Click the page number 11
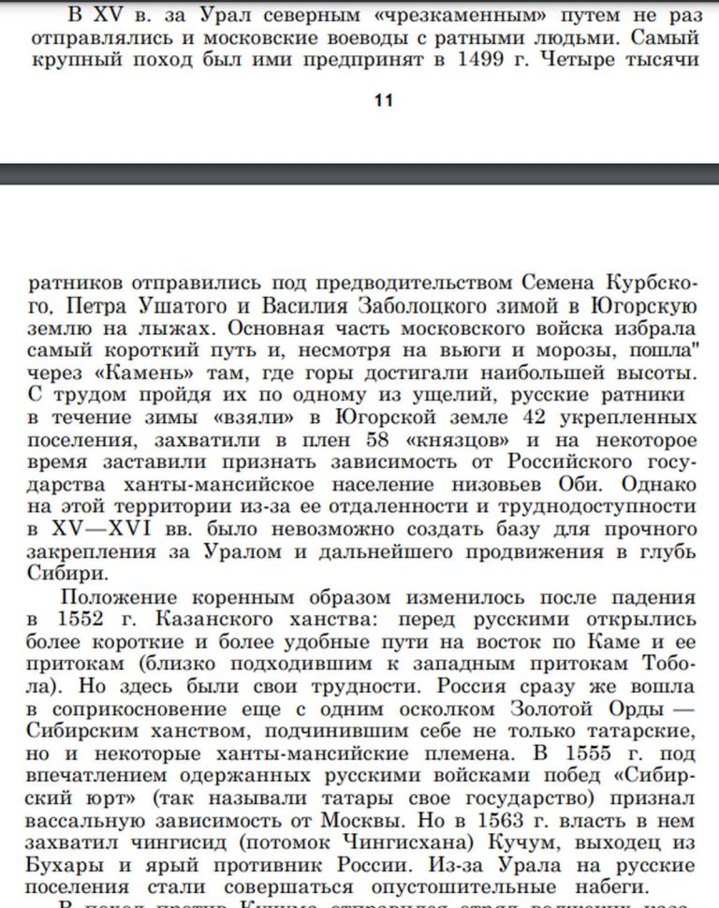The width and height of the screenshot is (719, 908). pyautogui.click(x=383, y=101)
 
